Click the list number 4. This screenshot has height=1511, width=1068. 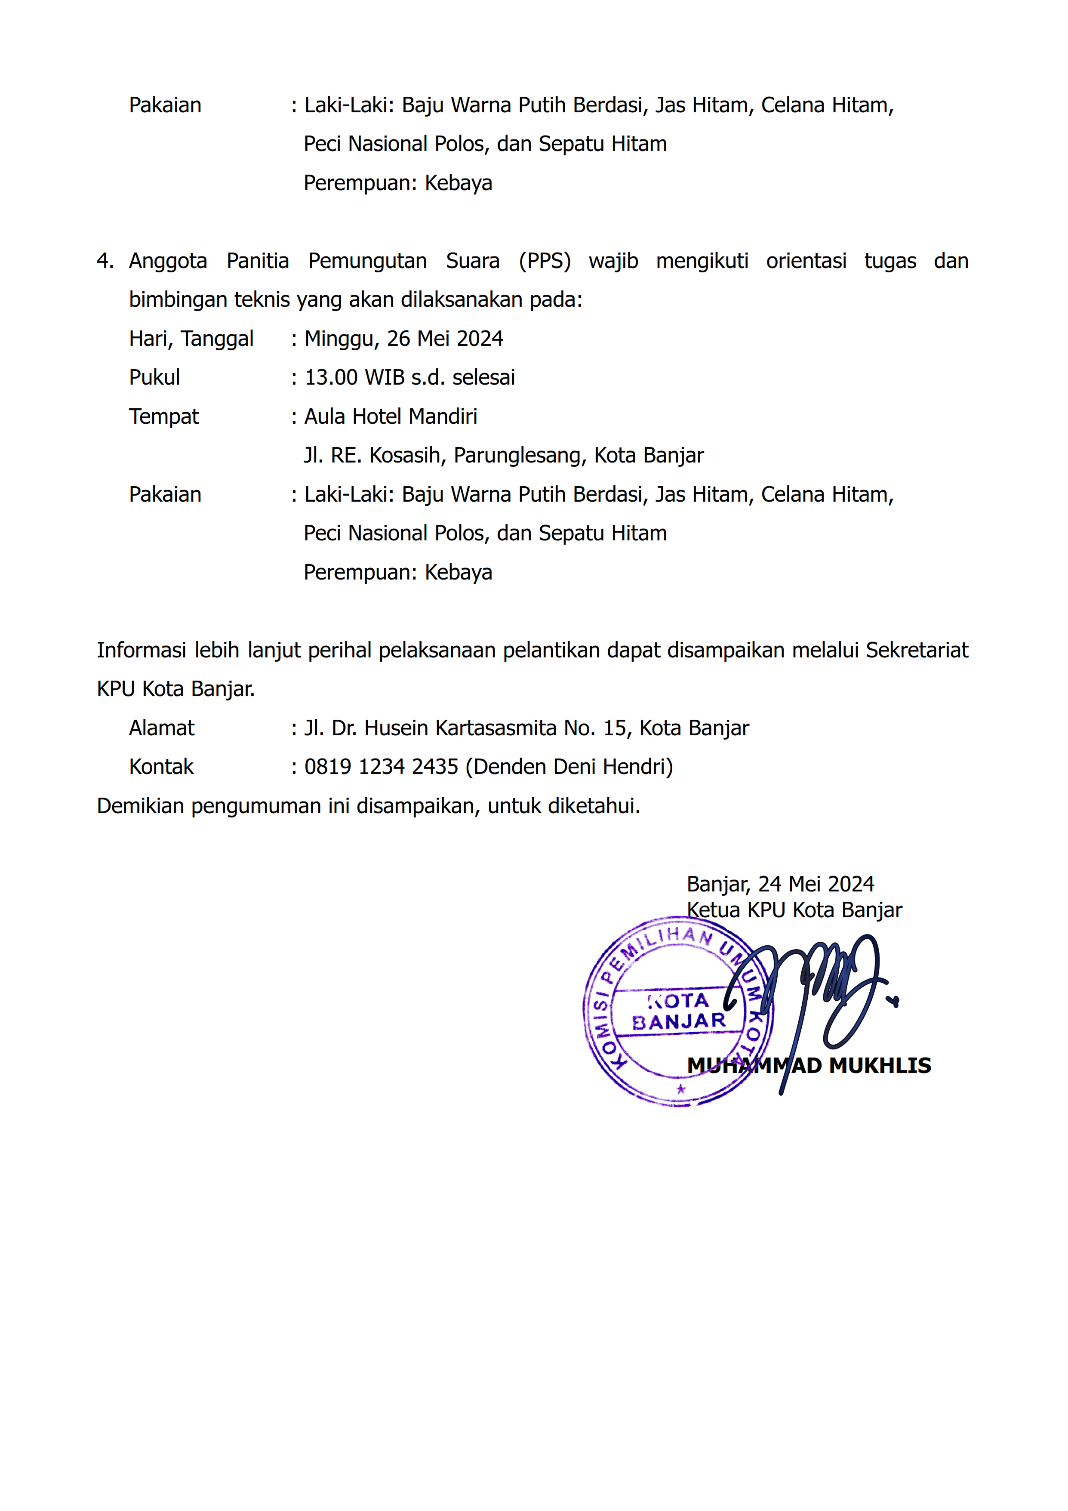(x=104, y=261)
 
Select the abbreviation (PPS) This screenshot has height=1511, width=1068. (x=544, y=261)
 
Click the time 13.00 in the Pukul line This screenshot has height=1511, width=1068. (x=331, y=378)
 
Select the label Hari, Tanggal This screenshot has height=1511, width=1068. (x=191, y=339)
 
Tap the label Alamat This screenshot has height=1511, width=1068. (x=161, y=728)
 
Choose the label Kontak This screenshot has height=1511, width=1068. (x=161, y=768)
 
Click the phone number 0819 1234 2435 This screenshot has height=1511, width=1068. (x=381, y=768)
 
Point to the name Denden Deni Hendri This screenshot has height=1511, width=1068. (x=569, y=768)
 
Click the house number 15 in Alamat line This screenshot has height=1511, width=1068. (x=615, y=728)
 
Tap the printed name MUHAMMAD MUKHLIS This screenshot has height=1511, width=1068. (x=809, y=1066)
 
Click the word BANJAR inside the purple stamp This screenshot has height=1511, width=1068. (x=678, y=1022)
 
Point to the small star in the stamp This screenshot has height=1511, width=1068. (x=681, y=1089)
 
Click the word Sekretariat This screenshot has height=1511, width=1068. (x=917, y=650)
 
